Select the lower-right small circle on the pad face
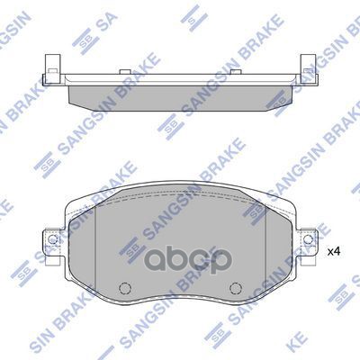point(234,290)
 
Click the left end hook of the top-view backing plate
point(46,67)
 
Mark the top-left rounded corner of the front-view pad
point(76,202)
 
